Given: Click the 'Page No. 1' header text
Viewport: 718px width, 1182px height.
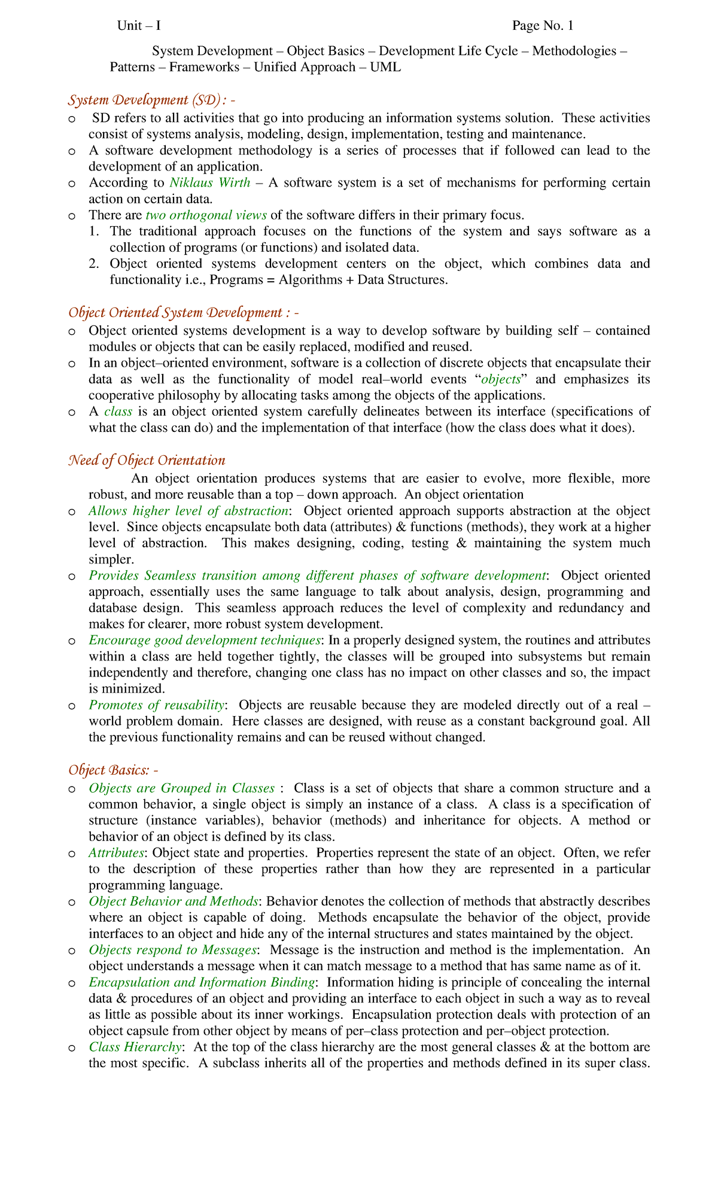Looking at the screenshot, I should (x=542, y=26).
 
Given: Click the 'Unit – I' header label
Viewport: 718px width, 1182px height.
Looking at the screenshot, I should (x=139, y=26).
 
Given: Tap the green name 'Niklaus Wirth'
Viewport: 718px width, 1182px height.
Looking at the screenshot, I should (x=210, y=182).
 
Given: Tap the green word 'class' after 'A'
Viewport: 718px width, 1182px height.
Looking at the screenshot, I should (x=118, y=412).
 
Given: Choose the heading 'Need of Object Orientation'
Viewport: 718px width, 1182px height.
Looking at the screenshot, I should (x=147, y=460).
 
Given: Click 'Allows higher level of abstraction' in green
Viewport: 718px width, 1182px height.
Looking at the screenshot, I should (x=188, y=511).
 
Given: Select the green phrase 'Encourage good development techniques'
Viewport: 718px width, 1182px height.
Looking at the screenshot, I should (x=205, y=640).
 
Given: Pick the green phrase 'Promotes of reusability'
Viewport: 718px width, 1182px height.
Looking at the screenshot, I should (x=157, y=705).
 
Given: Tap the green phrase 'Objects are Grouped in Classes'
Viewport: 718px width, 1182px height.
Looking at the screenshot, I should (x=181, y=788).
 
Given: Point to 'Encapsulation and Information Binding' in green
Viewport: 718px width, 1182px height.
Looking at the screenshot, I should (x=202, y=982).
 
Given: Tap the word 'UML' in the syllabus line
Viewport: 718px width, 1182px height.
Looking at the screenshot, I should (x=385, y=67).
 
